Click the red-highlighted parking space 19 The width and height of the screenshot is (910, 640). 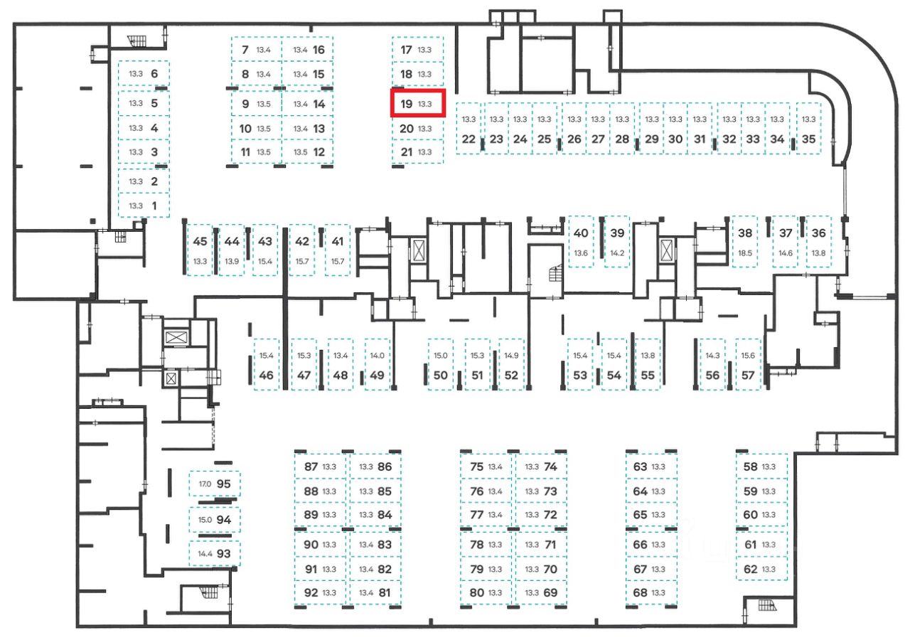418,104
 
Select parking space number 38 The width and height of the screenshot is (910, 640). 745,242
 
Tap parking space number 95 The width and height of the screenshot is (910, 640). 215,484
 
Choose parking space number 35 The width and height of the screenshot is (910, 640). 808,129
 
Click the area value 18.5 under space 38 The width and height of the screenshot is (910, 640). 745,253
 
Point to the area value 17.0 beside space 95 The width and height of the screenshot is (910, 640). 205,484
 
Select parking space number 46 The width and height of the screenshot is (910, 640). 267,365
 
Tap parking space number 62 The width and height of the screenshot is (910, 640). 761,569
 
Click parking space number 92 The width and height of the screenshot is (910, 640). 321,592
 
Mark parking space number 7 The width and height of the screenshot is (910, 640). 256,50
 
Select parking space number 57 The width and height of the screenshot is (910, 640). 748,365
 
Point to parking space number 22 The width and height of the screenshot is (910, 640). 468,129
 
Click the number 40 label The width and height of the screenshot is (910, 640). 581,233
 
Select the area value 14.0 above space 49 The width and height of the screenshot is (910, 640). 377,356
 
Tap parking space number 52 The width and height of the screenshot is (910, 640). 511,365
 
